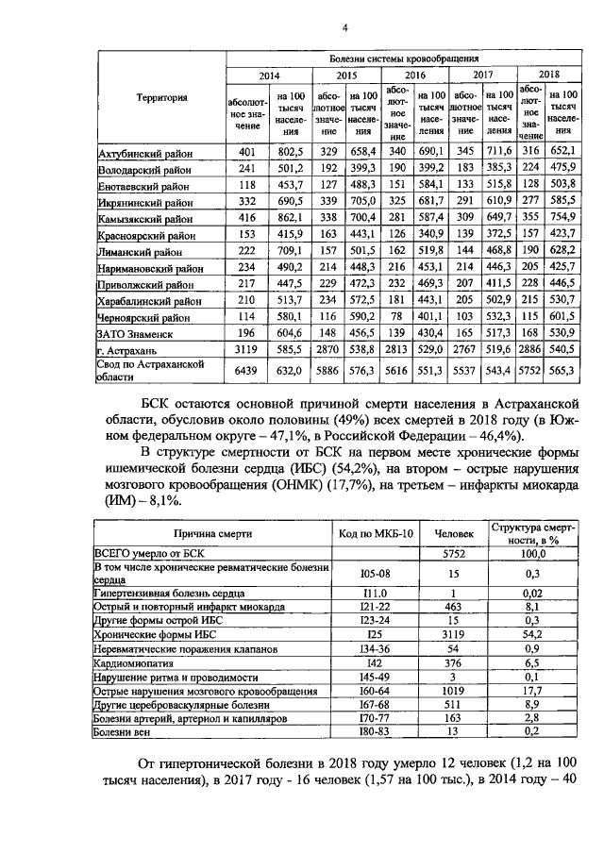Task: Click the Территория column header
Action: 161,97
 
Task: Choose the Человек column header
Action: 454,533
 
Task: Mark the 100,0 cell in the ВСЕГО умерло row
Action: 535,553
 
